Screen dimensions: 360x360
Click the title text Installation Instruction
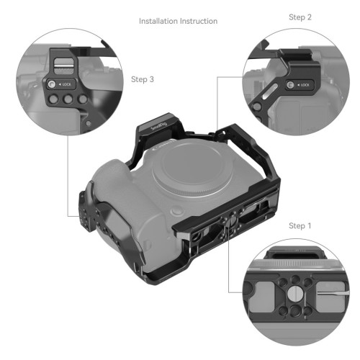pyautogui.click(x=178, y=22)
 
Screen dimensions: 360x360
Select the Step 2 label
pyautogui.click(x=300, y=17)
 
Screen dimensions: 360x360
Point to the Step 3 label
pyautogui.click(x=143, y=80)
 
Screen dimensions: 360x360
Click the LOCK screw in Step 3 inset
pyautogui.click(x=53, y=85)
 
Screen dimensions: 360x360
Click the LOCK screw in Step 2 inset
pyautogui.click(x=289, y=86)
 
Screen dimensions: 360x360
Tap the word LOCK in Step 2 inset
pyautogui.click(x=305, y=86)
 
